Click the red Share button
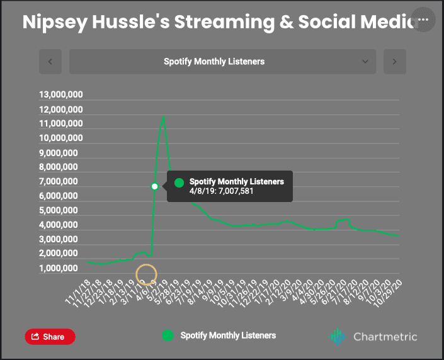click(x=50, y=337)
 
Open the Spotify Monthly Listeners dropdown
click(x=222, y=62)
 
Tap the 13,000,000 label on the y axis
click(x=61, y=95)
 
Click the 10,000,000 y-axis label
click(x=61, y=138)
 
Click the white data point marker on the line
click(x=155, y=186)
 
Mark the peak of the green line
click(x=164, y=116)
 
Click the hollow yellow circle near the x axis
click(x=146, y=274)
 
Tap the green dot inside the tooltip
click(x=179, y=183)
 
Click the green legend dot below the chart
click(x=168, y=335)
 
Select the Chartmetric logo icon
click(x=338, y=337)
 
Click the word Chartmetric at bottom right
click(x=384, y=337)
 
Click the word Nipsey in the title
click(x=54, y=22)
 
